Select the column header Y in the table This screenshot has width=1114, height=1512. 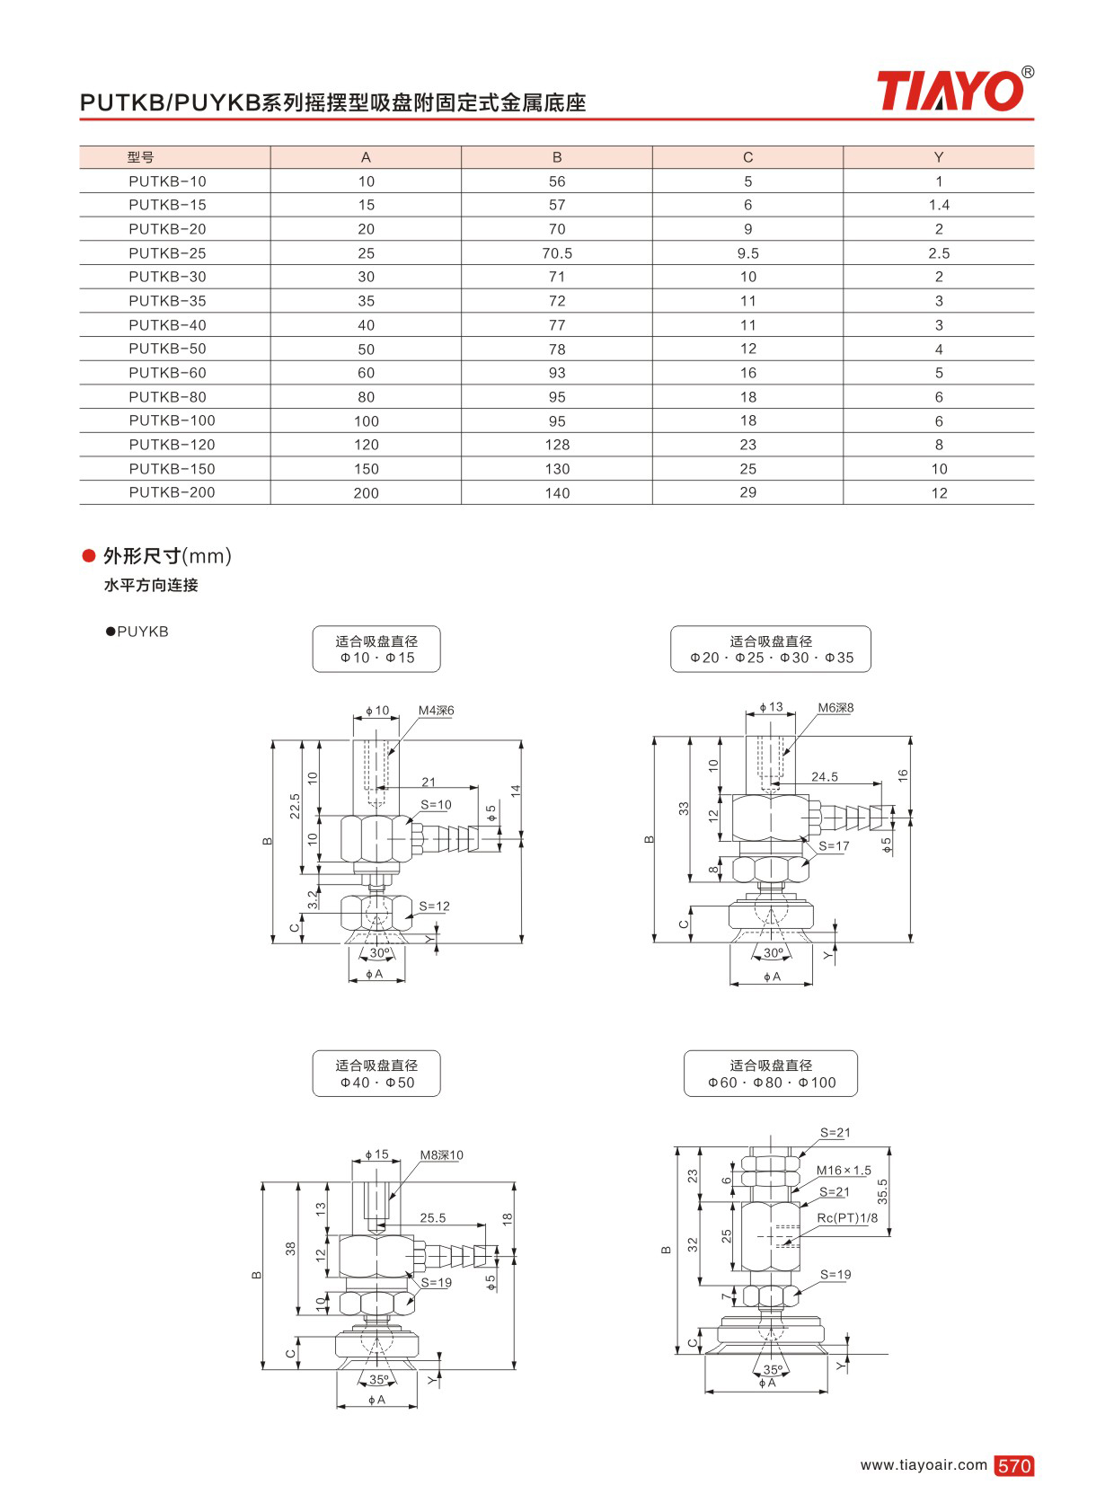click(939, 157)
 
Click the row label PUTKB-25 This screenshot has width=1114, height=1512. click(167, 253)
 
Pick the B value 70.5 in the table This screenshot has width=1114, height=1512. click(557, 253)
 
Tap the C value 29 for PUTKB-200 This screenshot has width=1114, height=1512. click(748, 492)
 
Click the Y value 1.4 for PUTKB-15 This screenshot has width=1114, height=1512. click(939, 205)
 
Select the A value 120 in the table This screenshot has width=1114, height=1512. click(366, 445)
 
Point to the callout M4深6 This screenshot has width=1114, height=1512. click(436, 710)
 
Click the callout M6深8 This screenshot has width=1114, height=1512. click(835, 707)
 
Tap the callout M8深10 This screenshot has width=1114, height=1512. click(441, 1155)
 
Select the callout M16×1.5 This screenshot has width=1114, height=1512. click(844, 1170)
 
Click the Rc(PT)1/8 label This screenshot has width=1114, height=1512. click(847, 1217)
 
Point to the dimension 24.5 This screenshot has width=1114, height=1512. click(825, 777)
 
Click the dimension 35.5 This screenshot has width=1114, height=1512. click(882, 1192)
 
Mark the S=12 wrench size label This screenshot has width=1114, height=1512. click(434, 906)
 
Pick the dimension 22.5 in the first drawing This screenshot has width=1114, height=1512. click(295, 806)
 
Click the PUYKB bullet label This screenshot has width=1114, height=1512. click(137, 632)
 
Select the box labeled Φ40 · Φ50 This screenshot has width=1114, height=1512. click(376, 1074)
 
